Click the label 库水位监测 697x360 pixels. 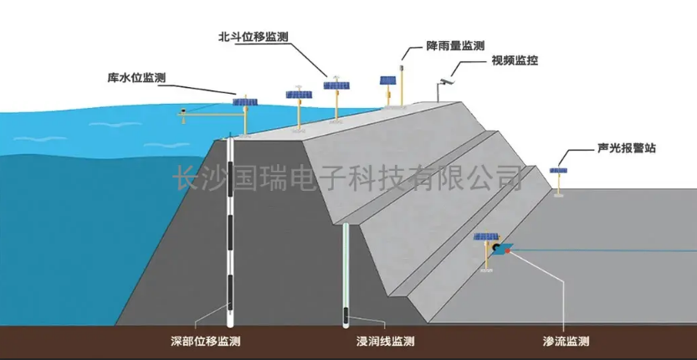(x=137, y=78)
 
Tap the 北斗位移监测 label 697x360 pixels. (x=254, y=38)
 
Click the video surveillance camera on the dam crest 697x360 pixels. (x=443, y=81)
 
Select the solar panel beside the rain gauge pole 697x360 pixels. (x=387, y=82)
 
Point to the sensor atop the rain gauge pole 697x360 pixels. (x=402, y=60)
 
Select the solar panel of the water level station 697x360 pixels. (x=245, y=101)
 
